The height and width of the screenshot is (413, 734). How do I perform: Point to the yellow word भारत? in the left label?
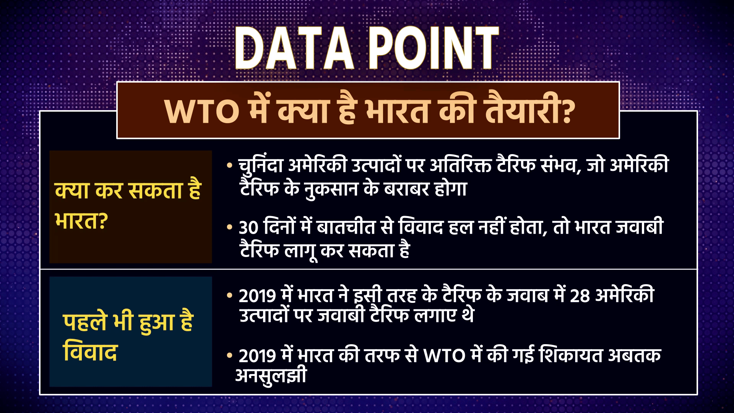pyautogui.click(x=80, y=221)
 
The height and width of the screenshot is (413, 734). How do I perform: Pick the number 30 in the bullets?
pyautogui.click(x=248, y=229)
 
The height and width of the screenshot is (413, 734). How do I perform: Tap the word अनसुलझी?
pyautogui.click(x=271, y=377)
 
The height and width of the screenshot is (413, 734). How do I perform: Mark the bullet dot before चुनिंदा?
pyautogui.click(x=230, y=166)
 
